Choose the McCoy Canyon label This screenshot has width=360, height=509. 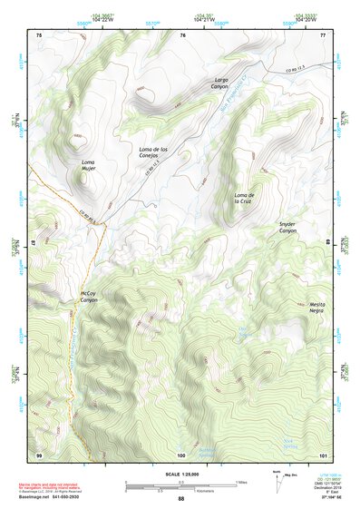coord(88,296)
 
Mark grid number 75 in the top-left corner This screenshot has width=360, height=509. coord(38,34)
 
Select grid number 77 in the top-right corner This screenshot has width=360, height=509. coord(323,34)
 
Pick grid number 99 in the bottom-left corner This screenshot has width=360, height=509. coord(38,454)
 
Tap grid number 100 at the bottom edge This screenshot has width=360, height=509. coord(181,454)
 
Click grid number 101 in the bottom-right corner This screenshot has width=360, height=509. coord(322,454)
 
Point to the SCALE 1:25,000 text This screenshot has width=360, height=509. coord(180,475)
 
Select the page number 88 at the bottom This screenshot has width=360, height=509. coord(180,499)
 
